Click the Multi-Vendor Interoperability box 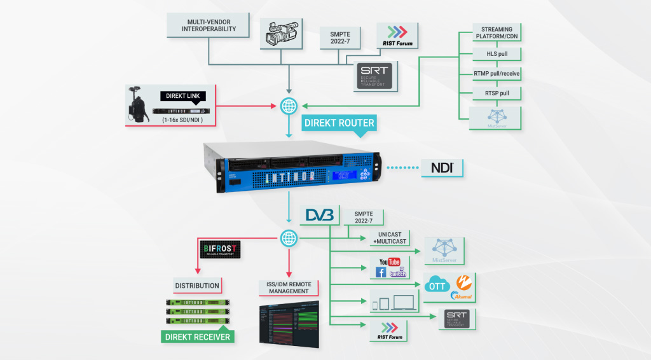click(x=203, y=25)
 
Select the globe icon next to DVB click(x=290, y=239)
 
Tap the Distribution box click(x=197, y=286)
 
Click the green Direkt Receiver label click(x=197, y=336)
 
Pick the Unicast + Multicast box click(x=387, y=239)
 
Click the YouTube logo click(x=388, y=261)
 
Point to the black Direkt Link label click(x=183, y=96)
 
